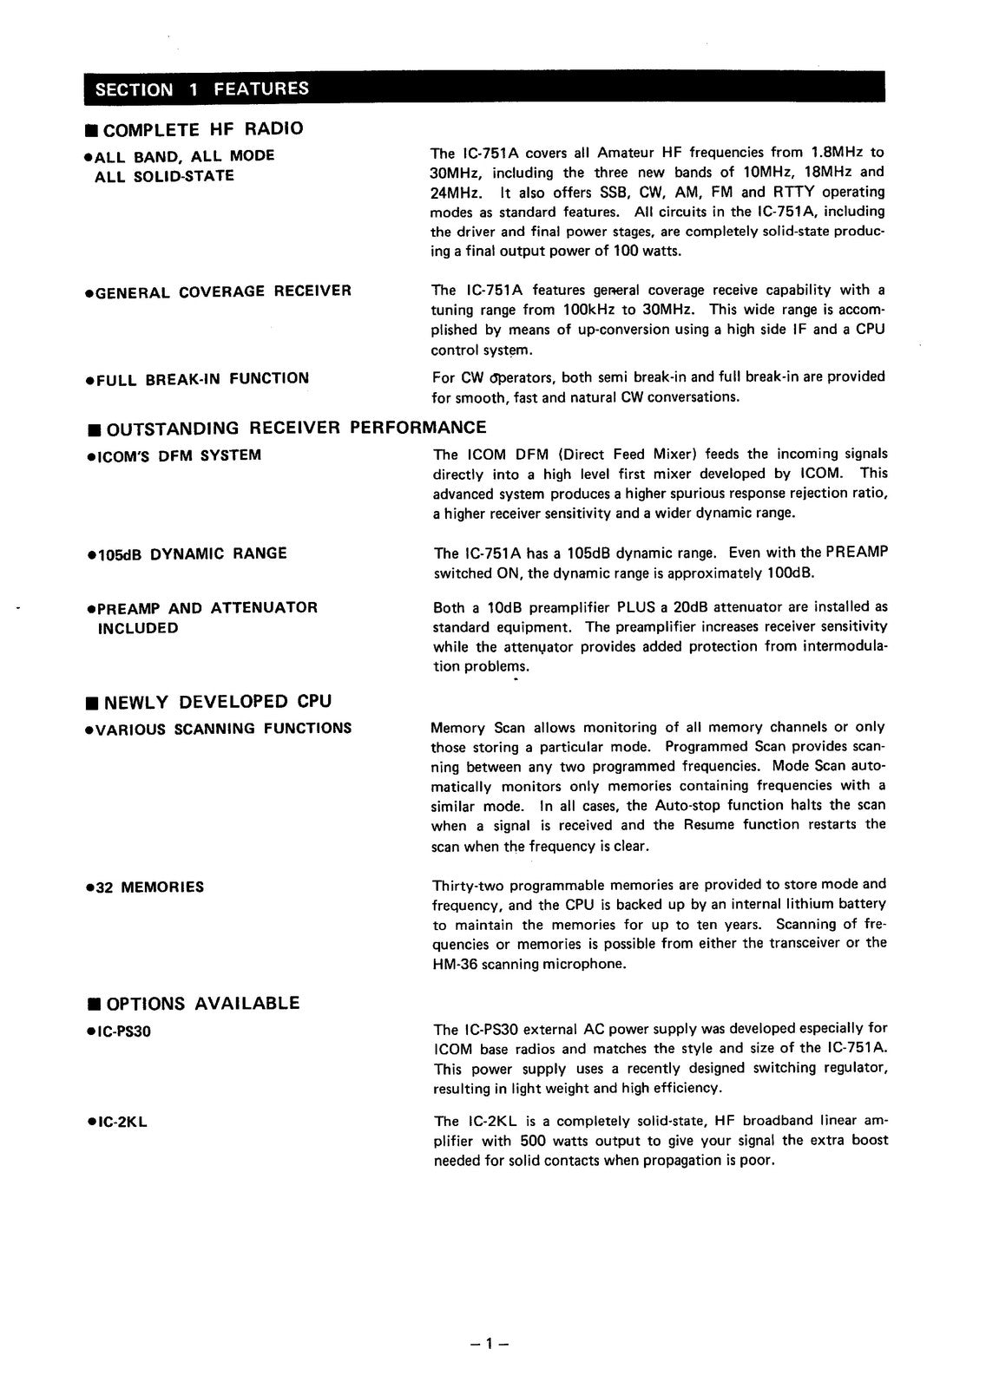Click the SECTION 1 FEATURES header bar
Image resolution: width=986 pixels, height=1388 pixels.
[484, 88]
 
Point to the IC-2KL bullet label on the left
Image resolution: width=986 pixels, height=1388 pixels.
[117, 1122]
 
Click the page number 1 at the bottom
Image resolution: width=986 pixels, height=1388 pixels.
[489, 1344]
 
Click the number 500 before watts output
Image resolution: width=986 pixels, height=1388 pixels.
[534, 1141]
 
